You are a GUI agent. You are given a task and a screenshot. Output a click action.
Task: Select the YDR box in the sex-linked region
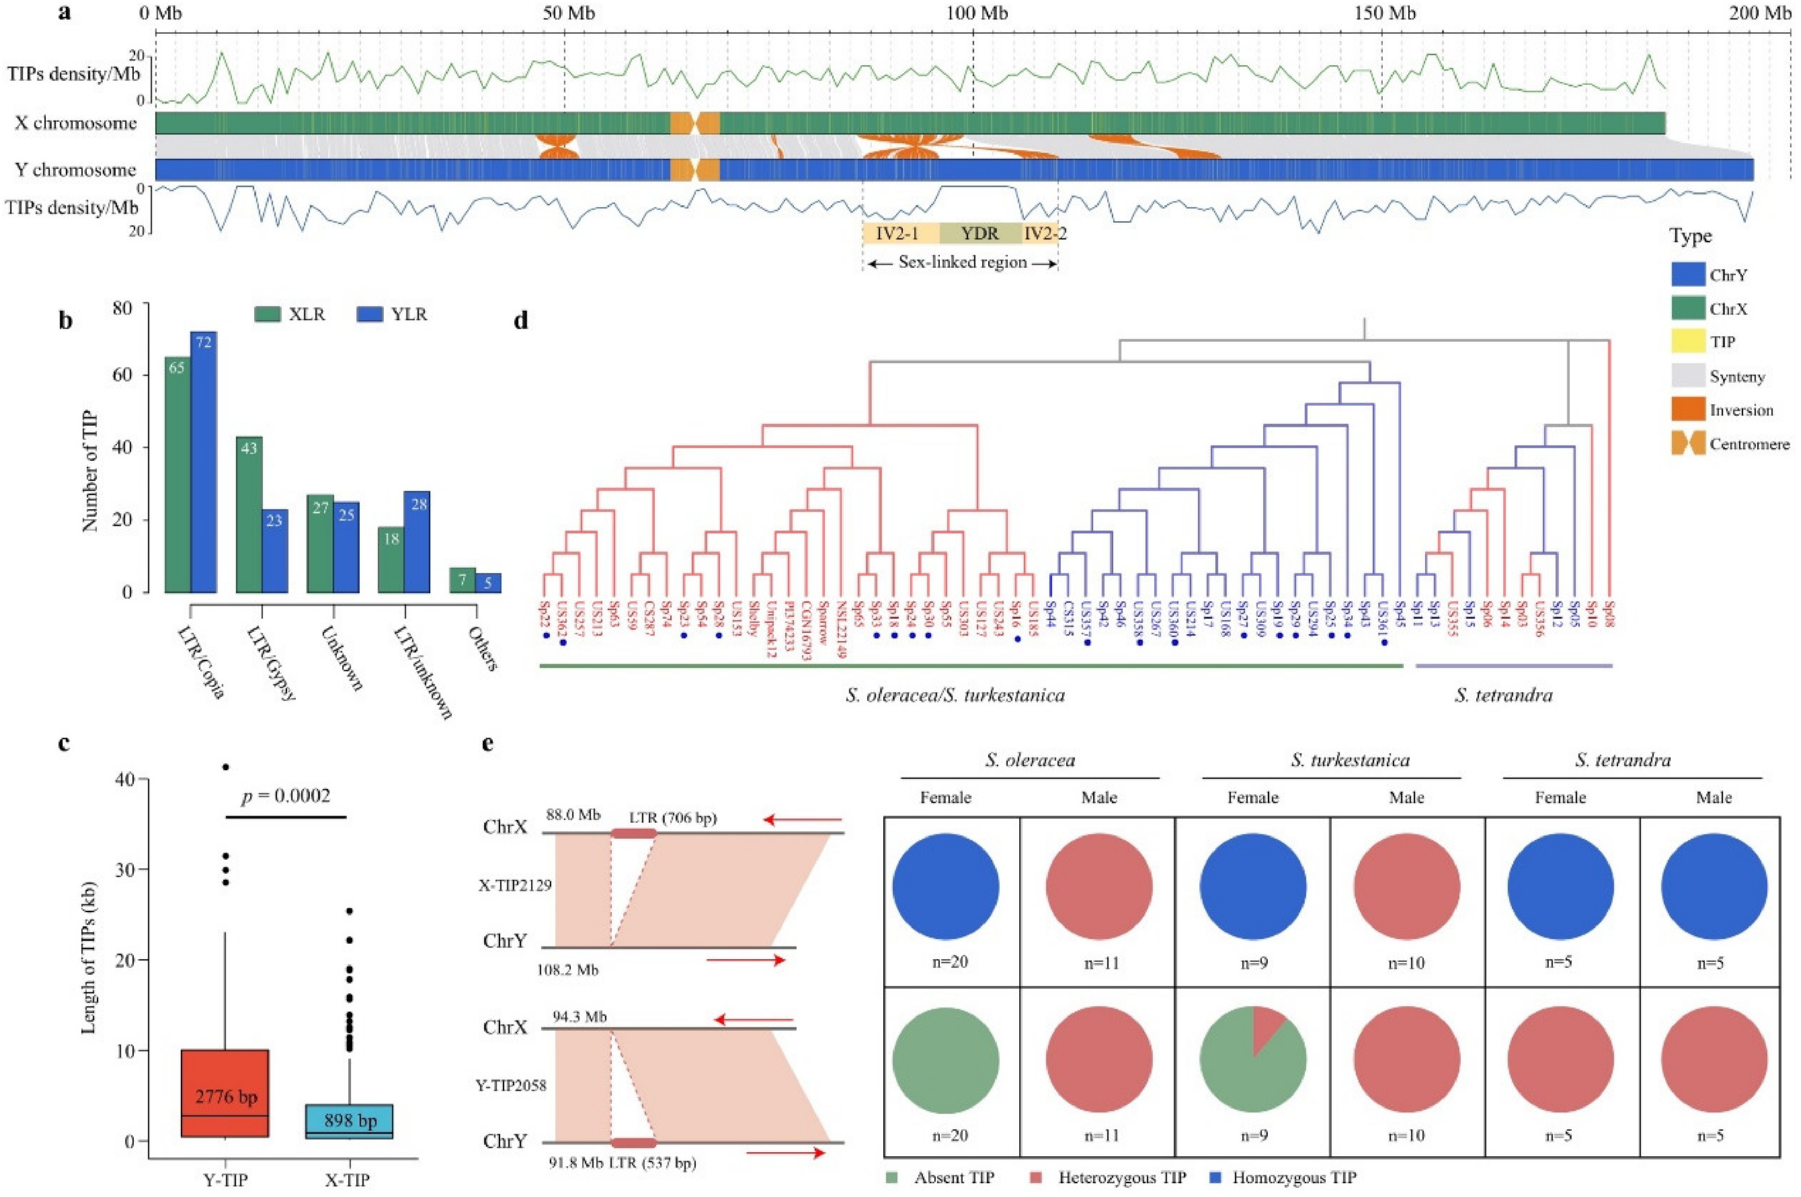[979, 233]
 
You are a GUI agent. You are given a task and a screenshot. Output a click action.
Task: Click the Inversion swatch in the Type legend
[1688, 410]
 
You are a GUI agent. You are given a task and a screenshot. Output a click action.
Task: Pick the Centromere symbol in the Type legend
[1688, 444]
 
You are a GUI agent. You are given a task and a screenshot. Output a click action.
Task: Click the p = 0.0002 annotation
[286, 796]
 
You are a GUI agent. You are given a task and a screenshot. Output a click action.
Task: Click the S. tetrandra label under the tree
[1503, 694]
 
